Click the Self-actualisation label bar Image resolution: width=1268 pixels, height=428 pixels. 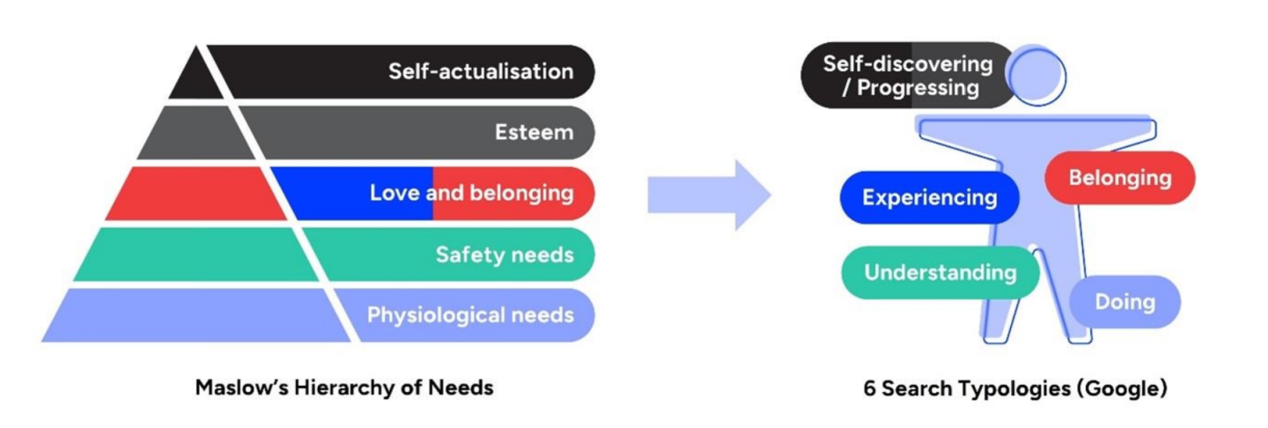[x=480, y=71]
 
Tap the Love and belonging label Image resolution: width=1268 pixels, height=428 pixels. [x=471, y=193]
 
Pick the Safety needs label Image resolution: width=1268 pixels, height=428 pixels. [x=504, y=255]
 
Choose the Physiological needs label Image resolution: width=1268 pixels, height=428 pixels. [x=470, y=315]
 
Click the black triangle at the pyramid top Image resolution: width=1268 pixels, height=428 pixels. [x=195, y=79]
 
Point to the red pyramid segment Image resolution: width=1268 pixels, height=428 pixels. [x=194, y=194]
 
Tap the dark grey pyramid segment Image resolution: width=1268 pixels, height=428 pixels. [x=195, y=134]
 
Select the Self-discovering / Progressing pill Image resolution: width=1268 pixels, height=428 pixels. [x=907, y=76]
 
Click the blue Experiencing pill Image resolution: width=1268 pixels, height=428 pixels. [x=929, y=197]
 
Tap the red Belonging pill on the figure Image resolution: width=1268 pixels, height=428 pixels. [x=1119, y=178]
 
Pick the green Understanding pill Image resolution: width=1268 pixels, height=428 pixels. [x=940, y=272]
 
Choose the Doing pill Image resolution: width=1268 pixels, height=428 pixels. [x=1124, y=302]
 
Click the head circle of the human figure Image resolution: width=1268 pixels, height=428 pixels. [x=1036, y=75]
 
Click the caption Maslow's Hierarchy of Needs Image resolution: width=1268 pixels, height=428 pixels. [x=344, y=387]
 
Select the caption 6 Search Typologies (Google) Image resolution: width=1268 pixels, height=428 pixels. [x=1014, y=388]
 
